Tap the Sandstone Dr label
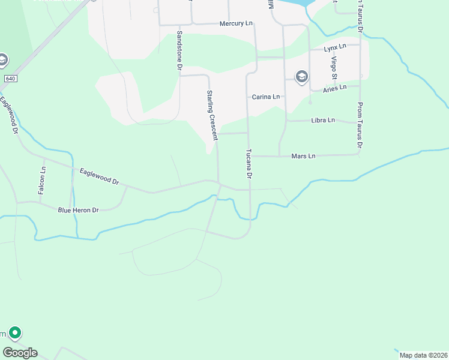click(179, 51)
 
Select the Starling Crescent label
click(211, 115)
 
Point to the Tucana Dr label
click(247, 164)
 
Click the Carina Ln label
click(266, 97)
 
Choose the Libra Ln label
click(323, 121)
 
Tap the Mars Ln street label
click(303, 156)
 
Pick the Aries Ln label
click(335, 88)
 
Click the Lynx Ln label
click(335, 47)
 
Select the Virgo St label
click(334, 68)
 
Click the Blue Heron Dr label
click(78, 210)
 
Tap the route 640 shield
click(10, 79)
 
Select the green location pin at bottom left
click(15, 332)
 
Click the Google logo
click(20, 352)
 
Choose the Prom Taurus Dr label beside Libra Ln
click(360, 125)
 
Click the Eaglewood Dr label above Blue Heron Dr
click(100, 176)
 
